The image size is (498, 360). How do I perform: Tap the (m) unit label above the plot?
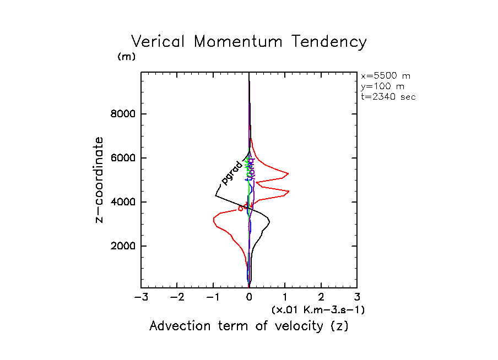126,57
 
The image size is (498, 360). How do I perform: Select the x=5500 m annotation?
385,76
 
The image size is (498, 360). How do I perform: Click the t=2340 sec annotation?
388,96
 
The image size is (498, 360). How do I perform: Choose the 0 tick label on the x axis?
249,298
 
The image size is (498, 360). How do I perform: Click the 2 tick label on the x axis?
321,298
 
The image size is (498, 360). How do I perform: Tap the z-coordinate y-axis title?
100,179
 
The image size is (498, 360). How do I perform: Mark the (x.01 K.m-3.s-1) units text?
318,310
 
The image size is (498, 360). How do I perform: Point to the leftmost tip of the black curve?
215,195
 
